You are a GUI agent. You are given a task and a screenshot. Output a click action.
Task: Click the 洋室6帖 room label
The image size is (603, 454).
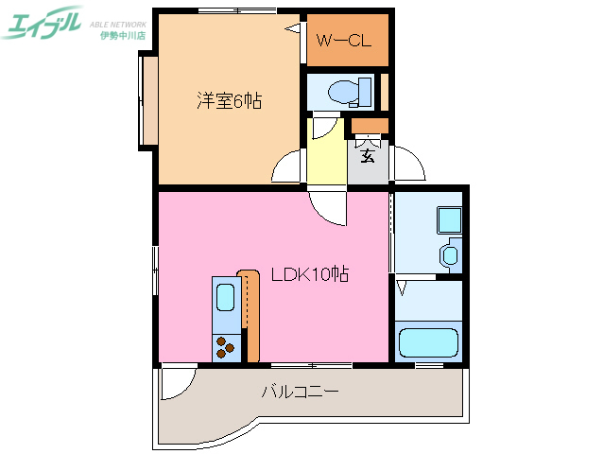point(229,99)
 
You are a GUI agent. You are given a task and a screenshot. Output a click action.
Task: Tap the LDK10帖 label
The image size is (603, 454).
point(310,275)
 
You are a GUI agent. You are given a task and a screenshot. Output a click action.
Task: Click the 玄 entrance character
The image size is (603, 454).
point(368,152)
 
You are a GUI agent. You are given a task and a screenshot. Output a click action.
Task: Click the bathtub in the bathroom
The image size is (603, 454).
point(428,341)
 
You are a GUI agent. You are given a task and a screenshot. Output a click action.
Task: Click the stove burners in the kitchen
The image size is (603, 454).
point(225,347)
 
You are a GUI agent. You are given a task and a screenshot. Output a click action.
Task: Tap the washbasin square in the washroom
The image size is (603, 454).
point(448,220)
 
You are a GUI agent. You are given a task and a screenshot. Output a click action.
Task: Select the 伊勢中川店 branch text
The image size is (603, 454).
point(122,35)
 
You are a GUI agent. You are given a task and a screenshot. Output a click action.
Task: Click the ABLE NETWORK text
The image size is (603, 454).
point(122,21)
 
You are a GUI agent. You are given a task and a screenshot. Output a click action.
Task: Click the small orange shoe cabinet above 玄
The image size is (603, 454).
point(369,126)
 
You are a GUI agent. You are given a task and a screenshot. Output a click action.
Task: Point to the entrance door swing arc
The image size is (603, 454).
point(409,166)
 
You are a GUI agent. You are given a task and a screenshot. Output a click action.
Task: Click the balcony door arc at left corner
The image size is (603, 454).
point(173,383)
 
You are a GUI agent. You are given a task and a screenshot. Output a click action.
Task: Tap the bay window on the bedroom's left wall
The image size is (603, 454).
point(148,100)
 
